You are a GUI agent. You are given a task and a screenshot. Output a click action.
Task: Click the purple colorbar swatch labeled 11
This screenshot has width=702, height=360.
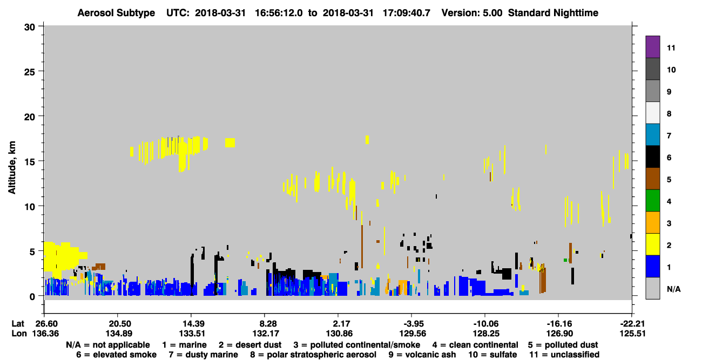(652, 46)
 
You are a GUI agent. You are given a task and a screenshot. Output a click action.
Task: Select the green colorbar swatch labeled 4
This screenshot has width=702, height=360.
(652, 201)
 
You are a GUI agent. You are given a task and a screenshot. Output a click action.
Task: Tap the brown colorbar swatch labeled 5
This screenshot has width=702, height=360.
(652, 179)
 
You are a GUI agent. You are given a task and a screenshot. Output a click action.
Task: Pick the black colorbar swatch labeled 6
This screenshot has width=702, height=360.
(652, 157)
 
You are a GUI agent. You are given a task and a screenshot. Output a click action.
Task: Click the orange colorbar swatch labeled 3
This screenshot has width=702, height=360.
(652, 222)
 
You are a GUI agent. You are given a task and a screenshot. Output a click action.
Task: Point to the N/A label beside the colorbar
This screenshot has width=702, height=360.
(673, 289)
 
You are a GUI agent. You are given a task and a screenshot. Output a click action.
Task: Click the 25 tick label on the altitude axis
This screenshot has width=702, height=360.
(30, 72)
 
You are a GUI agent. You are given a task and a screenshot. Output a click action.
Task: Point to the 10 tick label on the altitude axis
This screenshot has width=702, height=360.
(30, 207)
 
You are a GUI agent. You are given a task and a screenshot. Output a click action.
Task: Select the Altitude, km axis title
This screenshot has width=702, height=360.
(11, 168)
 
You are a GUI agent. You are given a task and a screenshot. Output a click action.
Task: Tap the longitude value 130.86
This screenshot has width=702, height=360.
(339, 334)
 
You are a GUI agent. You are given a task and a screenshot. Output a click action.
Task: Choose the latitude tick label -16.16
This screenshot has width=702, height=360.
(559, 324)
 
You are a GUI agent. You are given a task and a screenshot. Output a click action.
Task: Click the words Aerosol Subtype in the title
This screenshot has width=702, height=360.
(116, 13)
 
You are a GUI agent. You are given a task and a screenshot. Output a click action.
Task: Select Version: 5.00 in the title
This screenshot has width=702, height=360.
(472, 13)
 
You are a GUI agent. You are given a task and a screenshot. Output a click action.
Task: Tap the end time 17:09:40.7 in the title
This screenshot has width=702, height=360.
(406, 13)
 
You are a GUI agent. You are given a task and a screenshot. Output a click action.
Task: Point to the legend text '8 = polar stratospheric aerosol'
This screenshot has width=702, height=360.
(313, 355)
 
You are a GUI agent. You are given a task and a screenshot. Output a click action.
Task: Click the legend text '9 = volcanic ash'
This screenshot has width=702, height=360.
(422, 355)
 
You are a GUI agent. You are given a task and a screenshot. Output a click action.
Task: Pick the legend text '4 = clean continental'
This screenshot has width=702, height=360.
(475, 345)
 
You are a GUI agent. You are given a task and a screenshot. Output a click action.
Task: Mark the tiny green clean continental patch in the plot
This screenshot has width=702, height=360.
(566, 260)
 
